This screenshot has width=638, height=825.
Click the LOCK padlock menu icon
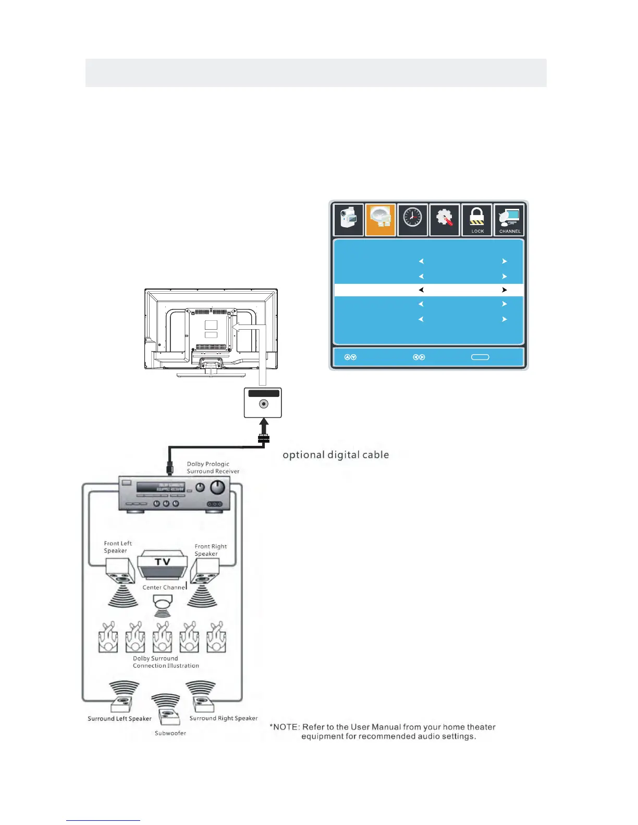[x=477, y=220]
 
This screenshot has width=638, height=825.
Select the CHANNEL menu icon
[x=509, y=220]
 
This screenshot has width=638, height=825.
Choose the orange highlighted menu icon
[x=381, y=219]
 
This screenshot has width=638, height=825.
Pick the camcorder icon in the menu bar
[x=348, y=219]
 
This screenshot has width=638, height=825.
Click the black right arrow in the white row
[x=504, y=290]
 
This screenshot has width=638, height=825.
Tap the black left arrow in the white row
[x=421, y=290]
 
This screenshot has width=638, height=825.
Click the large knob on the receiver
[x=217, y=488]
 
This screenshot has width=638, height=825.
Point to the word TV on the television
[x=163, y=561]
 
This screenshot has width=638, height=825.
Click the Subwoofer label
[x=170, y=733]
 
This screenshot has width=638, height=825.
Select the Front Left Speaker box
[x=120, y=571]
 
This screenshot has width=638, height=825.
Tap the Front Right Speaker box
[x=205, y=571]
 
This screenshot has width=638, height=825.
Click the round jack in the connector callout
[x=264, y=404]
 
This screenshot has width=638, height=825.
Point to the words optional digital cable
[x=336, y=455]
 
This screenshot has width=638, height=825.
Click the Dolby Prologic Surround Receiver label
[x=213, y=467]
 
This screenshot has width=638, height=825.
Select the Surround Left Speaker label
[x=119, y=719]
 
